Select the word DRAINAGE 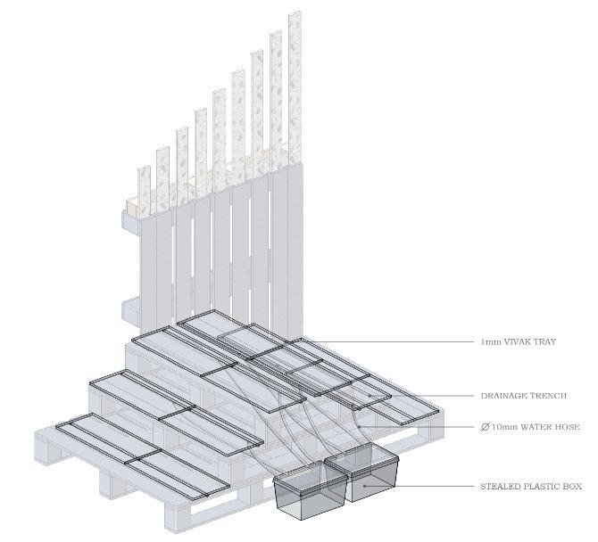503,396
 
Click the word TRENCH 547,396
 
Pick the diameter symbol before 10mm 485,427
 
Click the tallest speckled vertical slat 295,87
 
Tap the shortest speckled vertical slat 145,193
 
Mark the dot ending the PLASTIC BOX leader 364,486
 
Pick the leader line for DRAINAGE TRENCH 422,396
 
